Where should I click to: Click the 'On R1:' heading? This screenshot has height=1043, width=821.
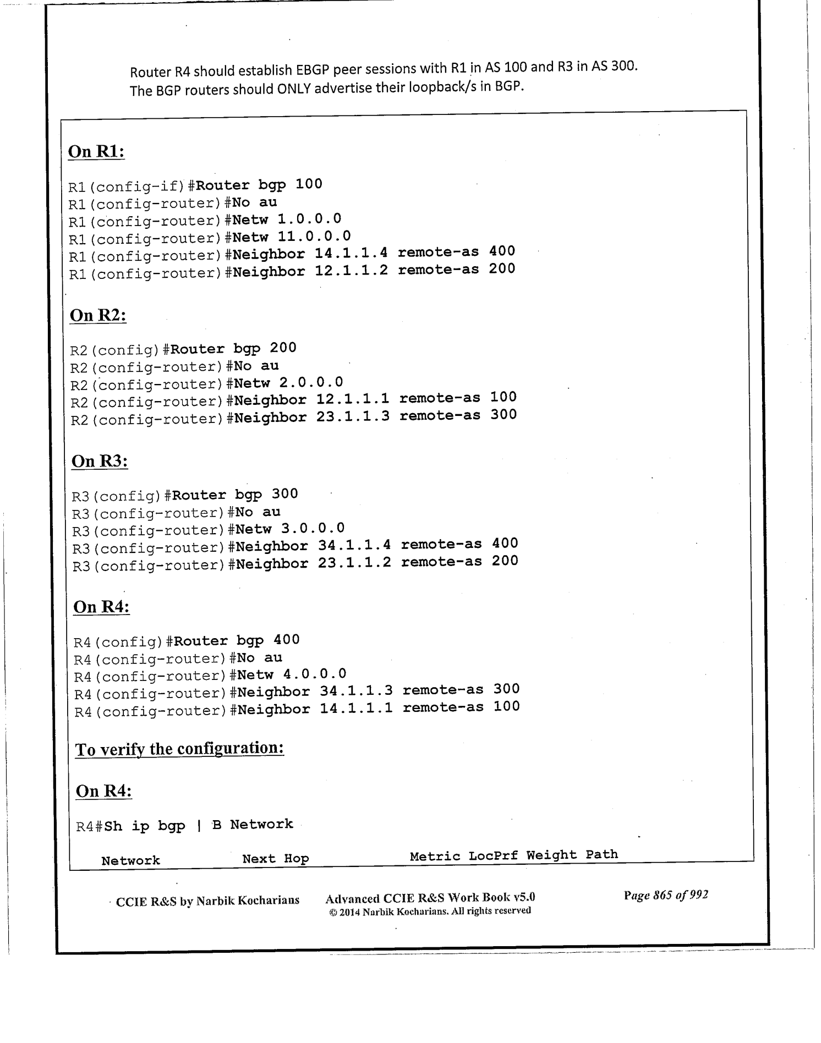pos(96,152)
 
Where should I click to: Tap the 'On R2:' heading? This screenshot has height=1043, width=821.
pos(98,316)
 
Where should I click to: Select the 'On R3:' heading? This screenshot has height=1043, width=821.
pos(100,462)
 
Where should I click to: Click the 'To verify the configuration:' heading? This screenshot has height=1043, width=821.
pos(179,749)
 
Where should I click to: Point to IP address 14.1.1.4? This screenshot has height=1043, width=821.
pos(351,253)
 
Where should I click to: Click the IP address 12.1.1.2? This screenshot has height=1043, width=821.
pos(351,271)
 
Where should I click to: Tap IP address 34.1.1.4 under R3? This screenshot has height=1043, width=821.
pos(354,545)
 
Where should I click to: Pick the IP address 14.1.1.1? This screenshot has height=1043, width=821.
pos(356,709)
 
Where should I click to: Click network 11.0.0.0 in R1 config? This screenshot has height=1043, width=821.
pos(314,237)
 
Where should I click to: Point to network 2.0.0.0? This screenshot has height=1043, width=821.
pos(311,382)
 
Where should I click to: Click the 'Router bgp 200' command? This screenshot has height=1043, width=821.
pos(233,349)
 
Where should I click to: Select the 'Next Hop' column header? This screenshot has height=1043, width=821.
pos(275,859)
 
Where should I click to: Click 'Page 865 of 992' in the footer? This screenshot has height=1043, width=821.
pos(665,895)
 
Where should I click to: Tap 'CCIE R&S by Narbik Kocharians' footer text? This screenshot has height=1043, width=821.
pos(207,901)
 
